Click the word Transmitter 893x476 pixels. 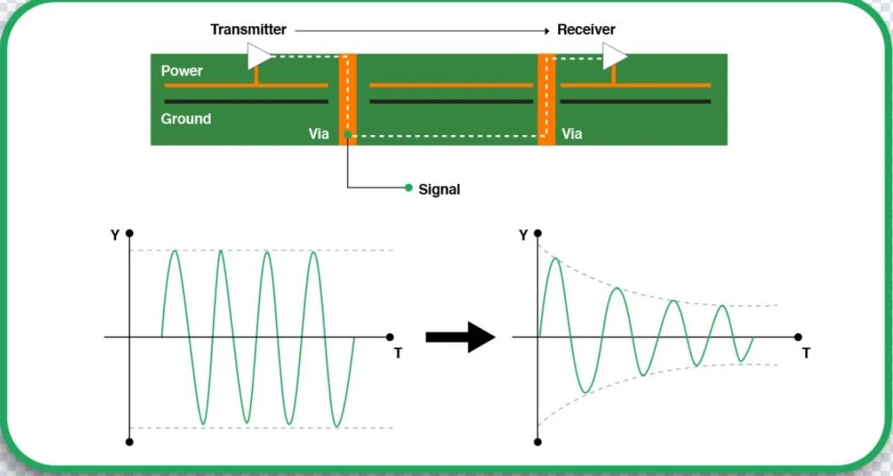point(248,30)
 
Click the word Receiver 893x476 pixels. point(586,30)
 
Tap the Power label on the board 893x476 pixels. point(181,71)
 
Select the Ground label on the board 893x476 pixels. point(186,119)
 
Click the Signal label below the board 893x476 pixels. point(439,188)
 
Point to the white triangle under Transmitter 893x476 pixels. point(259,58)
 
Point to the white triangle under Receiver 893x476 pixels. point(615,58)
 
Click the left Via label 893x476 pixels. point(319,134)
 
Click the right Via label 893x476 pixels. point(571,134)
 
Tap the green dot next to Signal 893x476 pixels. point(408,187)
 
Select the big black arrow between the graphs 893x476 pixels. point(460,337)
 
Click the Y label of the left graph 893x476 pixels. point(115,234)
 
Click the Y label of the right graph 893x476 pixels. point(522,235)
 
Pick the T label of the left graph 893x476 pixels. point(398,353)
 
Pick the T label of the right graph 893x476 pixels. point(806,353)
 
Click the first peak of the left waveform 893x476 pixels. point(175,251)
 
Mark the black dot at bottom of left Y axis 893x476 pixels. point(129,442)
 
